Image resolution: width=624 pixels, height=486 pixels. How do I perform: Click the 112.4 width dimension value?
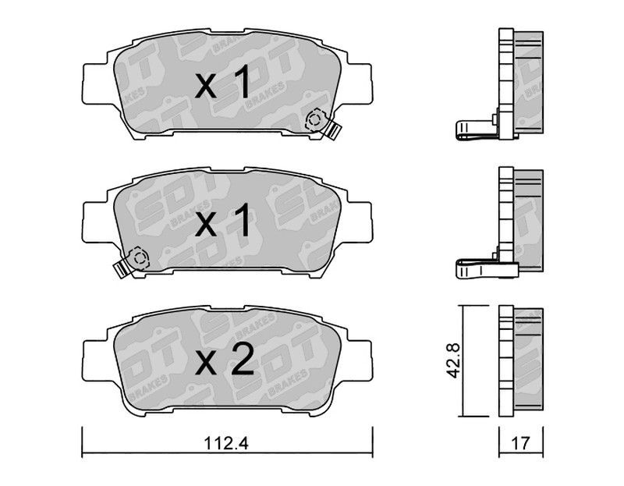[x=225, y=443]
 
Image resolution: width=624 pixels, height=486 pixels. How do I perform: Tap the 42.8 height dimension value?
[x=453, y=360]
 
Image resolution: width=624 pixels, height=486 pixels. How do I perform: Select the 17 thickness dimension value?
[x=521, y=443]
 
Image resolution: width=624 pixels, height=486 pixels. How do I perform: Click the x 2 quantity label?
[x=224, y=360]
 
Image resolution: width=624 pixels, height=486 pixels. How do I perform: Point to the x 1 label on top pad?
[x=223, y=83]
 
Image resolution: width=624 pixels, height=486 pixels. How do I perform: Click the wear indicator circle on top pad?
[x=315, y=120]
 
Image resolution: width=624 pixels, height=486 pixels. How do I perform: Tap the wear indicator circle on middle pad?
[x=139, y=258]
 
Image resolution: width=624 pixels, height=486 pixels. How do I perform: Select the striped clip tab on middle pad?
[x=121, y=268]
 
